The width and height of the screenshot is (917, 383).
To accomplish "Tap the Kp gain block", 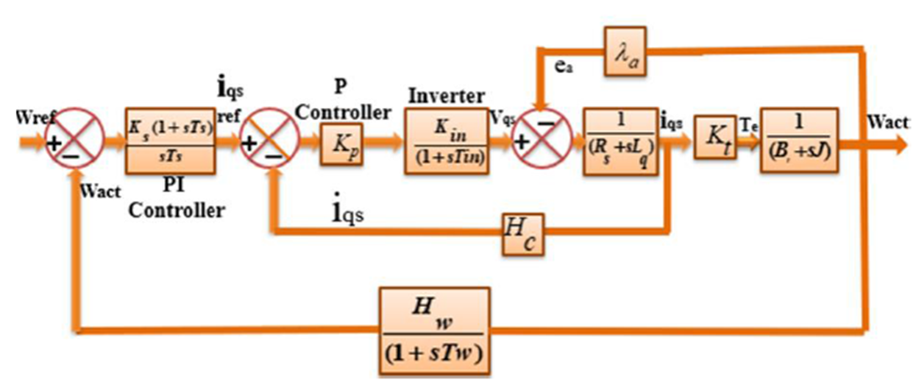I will (x=340, y=146).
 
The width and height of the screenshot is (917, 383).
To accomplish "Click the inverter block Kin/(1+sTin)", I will (x=448, y=144).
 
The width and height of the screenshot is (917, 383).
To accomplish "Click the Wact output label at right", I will (x=888, y=122).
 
